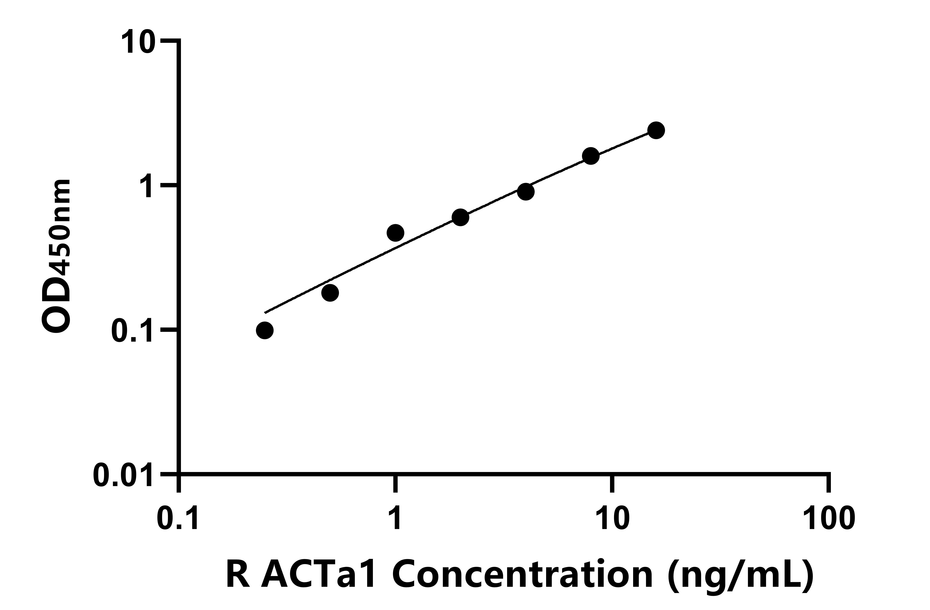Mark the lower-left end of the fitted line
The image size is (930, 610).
tap(265, 313)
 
